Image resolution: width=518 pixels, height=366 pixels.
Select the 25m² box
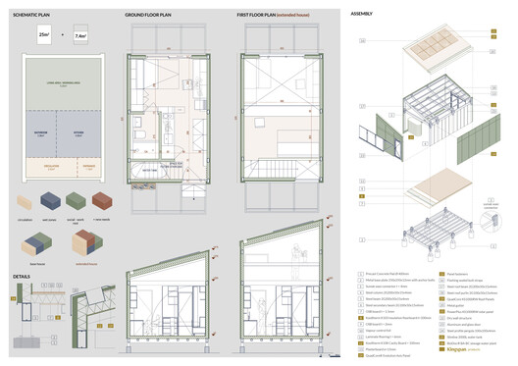click(44, 36)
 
